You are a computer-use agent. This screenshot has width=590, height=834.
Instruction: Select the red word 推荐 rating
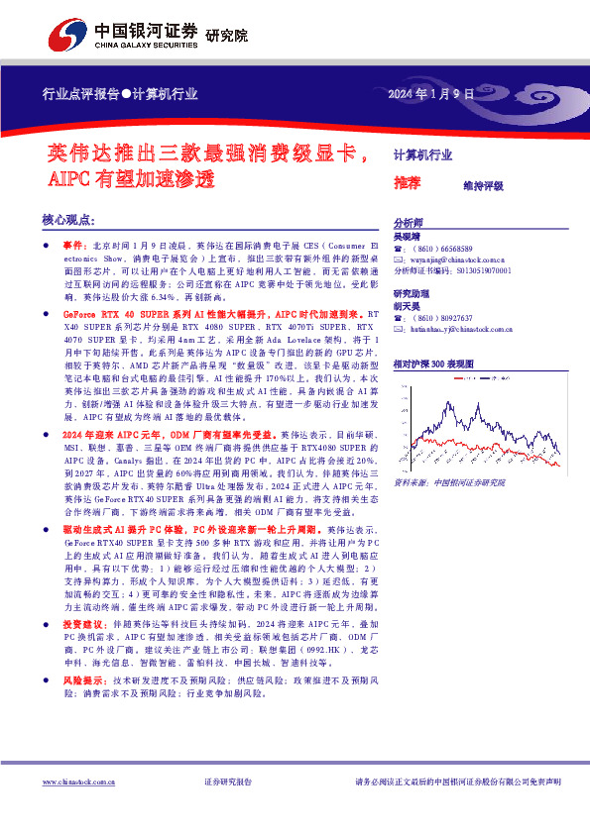point(407,183)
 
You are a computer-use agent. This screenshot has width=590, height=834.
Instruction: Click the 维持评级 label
point(483,185)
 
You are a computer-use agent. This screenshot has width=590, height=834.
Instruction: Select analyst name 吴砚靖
point(407,238)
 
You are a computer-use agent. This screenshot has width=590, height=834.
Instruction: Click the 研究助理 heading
point(411,294)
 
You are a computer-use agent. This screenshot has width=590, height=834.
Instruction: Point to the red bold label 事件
point(74,244)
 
